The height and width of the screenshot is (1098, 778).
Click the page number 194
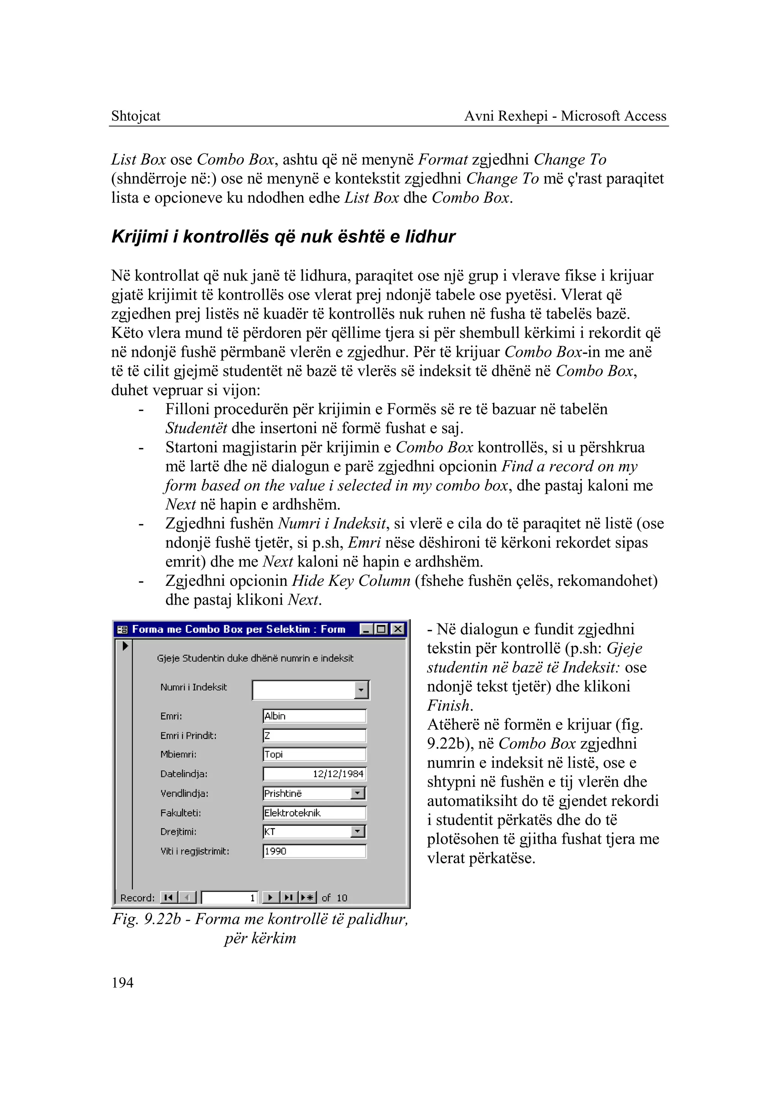(x=122, y=982)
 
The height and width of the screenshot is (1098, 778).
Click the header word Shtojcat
(x=136, y=116)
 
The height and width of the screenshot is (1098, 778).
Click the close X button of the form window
(x=398, y=629)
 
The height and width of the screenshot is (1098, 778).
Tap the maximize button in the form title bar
(x=382, y=629)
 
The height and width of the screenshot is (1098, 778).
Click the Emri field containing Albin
(x=314, y=716)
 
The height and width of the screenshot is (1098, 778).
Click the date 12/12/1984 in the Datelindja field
(x=338, y=774)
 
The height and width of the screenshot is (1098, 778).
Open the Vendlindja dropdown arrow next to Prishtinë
(x=357, y=794)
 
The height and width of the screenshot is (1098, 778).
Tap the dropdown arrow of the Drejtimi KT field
(x=357, y=832)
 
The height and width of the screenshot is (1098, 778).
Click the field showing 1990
(x=314, y=851)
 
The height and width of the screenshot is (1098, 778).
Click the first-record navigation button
(x=168, y=898)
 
